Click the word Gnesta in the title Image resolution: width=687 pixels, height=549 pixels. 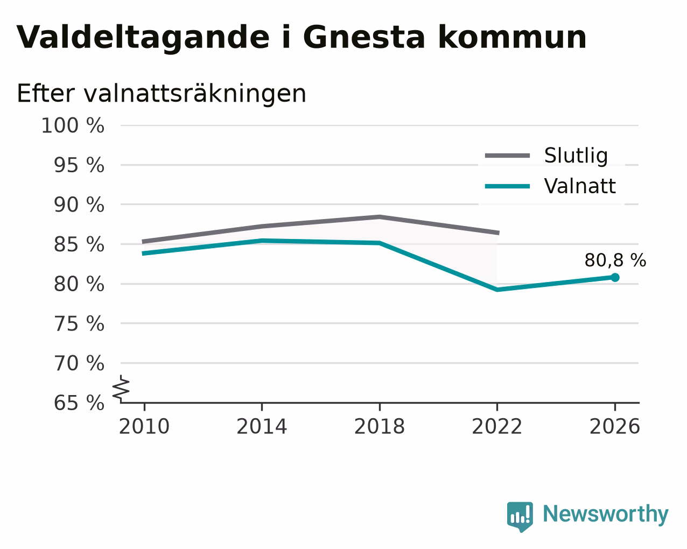coord(364,37)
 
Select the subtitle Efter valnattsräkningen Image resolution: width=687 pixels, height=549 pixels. coord(162,94)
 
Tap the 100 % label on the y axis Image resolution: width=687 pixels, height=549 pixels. coord(73,125)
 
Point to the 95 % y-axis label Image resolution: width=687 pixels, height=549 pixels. coord(79,165)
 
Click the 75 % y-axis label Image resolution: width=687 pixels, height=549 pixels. coord(79,323)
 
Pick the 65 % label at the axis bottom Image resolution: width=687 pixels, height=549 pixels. coord(79,403)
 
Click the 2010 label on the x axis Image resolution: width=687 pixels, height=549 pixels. coord(144,427)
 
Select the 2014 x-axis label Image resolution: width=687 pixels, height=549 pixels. coord(262,427)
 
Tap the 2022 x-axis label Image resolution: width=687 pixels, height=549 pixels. coord(497,427)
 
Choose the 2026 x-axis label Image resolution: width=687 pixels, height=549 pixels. coord(614,427)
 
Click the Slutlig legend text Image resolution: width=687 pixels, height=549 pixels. coord(576,156)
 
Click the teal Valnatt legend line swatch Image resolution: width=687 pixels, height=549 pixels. coord(507,186)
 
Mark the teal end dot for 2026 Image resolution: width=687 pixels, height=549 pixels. coord(615,278)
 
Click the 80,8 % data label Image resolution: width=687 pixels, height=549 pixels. coord(615,261)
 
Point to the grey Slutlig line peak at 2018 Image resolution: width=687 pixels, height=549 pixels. coord(379,217)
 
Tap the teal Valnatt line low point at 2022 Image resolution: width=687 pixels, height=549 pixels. coord(497,290)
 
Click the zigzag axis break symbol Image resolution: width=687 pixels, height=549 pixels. coord(121,389)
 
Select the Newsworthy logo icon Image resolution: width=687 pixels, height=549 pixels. coord(520,517)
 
